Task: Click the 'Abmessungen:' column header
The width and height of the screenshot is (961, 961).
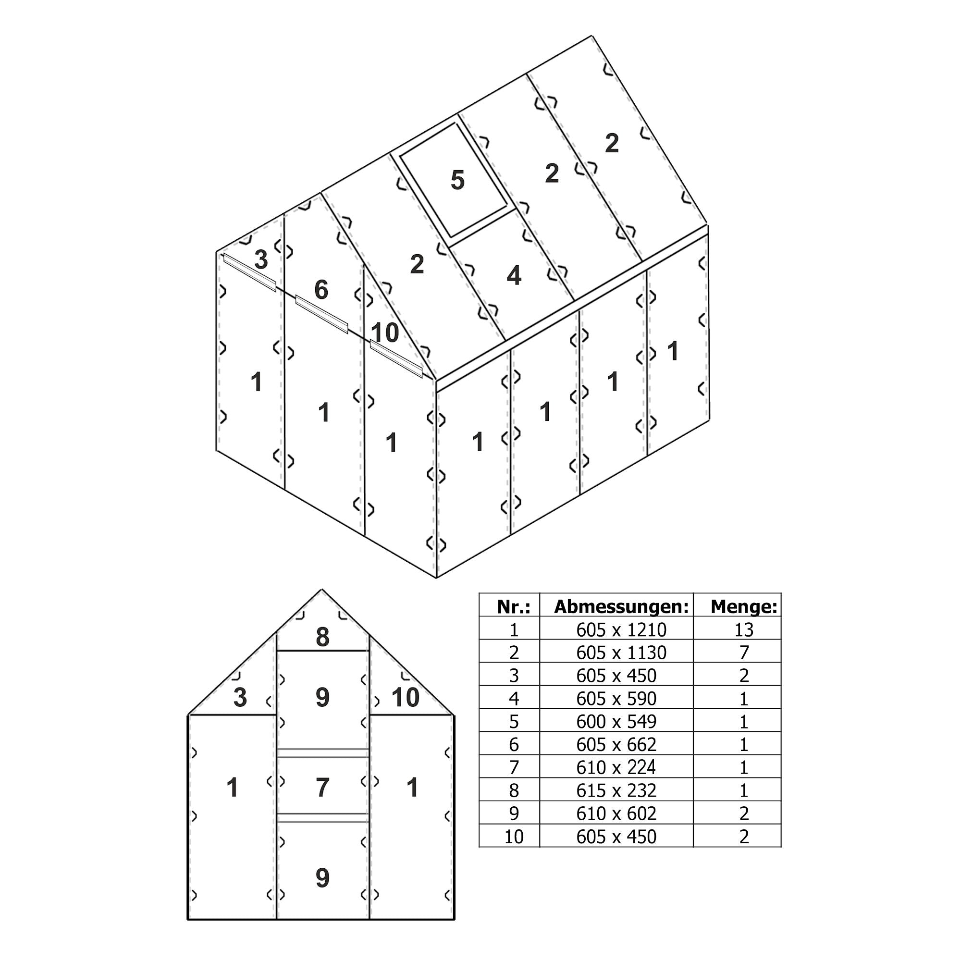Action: coord(621,607)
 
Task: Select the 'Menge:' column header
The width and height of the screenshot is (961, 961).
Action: coord(743,607)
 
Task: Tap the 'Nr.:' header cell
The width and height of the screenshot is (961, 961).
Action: coord(513,607)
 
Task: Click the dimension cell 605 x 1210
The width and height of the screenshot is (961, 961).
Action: coord(621,630)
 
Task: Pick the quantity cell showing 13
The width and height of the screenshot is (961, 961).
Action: coord(743,630)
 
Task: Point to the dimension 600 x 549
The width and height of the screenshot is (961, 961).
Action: coord(616,722)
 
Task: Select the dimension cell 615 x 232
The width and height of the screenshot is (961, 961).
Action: coord(616,791)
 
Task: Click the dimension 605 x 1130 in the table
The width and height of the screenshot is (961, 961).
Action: coord(621,653)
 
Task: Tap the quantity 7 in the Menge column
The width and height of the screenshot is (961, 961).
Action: coord(743,653)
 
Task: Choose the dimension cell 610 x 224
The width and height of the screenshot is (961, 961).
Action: coord(616,767)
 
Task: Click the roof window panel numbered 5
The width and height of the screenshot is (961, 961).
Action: coord(457,180)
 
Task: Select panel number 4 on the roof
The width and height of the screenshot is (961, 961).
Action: coord(513,275)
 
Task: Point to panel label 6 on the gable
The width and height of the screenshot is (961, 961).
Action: coord(321,290)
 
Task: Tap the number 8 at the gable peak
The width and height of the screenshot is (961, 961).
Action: coord(322,638)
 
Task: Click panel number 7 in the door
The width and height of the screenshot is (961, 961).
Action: coord(322,788)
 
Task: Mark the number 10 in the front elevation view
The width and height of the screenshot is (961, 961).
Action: coord(406,697)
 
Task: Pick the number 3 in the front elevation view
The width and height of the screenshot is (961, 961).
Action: coord(240,697)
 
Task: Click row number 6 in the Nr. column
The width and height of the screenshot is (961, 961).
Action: coord(513,745)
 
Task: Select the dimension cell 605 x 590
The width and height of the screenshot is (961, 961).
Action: coord(616,699)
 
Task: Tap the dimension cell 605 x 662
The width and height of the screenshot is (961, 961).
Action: coord(616,745)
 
